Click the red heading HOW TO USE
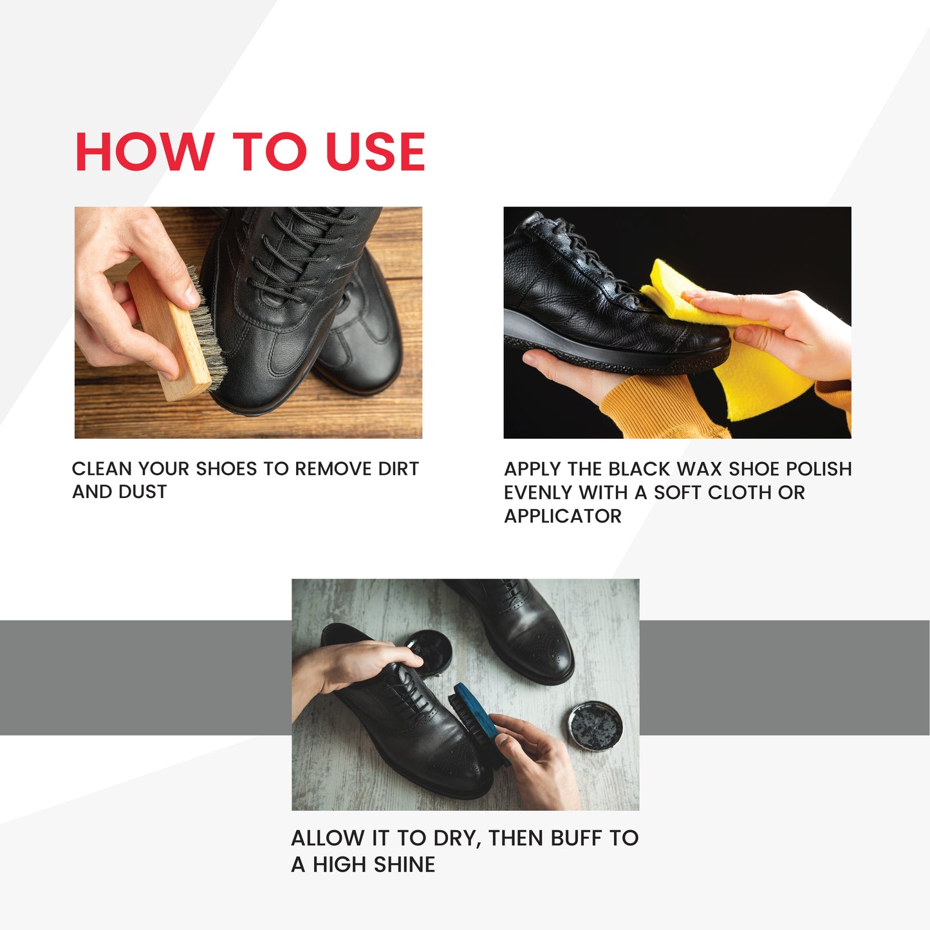[x=250, y=151]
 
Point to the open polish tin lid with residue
[x=595, y=727]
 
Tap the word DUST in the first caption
[x=143, y=492]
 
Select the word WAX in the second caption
[x=700, y=469]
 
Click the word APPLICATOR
[x=563, y=516]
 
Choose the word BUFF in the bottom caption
[x=577, y=838]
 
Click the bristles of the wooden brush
[x=208, y=328]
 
